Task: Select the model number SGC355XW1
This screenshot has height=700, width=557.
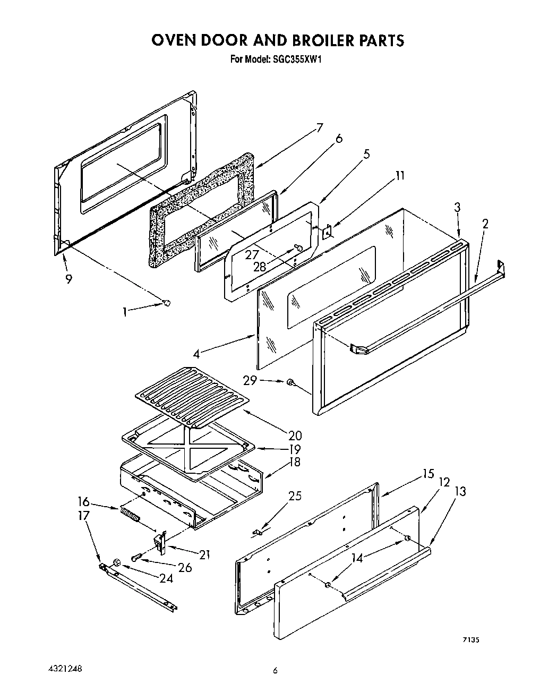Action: pyautogui.click(x=293, y=59)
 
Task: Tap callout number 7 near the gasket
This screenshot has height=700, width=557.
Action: pyautogui.click(x=320, y=128)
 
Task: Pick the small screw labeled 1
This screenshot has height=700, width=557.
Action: pyautogui.click(x=166, y=303)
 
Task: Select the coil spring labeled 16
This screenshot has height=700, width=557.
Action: pyautogui.click(x=131, y=515)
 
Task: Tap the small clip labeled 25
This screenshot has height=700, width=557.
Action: pyautogui.click(x=260, y=531)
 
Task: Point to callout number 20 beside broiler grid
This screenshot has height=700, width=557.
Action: pyautogui.click(x=295, y=436)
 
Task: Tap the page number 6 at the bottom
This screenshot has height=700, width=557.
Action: pyautogui.click(x=275, y=671)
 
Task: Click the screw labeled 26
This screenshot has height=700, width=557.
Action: pyautogui.click(x=136, y=557)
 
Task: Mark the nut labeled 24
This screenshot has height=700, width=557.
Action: pyautogui.click(x=117, y=562)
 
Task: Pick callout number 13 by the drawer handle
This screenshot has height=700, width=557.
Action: pyautogui.click(x=460, y=491)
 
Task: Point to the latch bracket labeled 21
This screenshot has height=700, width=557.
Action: pyautogui.click(x=160, y=541)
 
